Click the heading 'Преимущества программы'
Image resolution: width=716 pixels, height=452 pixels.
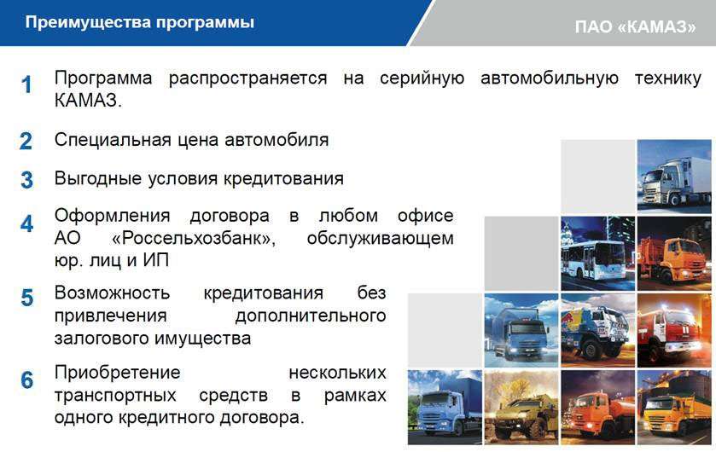coord(139,22)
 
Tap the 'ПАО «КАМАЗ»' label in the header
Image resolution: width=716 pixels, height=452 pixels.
coord(635,27)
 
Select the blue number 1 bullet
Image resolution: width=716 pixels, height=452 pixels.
coord(26,84)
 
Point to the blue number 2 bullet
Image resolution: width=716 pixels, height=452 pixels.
coord(26,141)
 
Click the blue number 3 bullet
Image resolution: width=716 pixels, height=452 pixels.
coord(26,180)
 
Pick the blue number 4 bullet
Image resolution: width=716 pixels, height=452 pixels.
coord(26,223)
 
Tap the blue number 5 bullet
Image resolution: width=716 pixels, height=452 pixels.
coord(27,298)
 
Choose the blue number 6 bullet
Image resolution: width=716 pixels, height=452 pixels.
coord(27,380)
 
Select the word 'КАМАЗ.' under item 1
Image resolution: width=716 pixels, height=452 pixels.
coord(88,101)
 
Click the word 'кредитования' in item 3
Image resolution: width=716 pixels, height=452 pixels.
coord(283,179)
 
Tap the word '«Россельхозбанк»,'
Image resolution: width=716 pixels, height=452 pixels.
coord(194,238)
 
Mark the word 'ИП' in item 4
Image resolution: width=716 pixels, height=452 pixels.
coord(155,260)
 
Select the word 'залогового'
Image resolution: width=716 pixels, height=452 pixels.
coord(102,339)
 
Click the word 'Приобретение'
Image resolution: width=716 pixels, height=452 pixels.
coord(118,373)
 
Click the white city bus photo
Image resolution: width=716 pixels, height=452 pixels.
coord(597,253)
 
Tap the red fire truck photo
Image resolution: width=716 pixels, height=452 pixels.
coord(674,330)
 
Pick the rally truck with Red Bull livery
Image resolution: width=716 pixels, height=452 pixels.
coord(597,330)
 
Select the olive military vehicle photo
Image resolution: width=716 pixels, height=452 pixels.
coord(521,407)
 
